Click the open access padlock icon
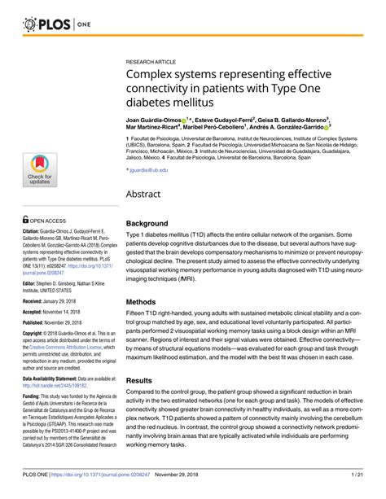(x=27, y=218)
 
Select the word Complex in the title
(x=156, y=74)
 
